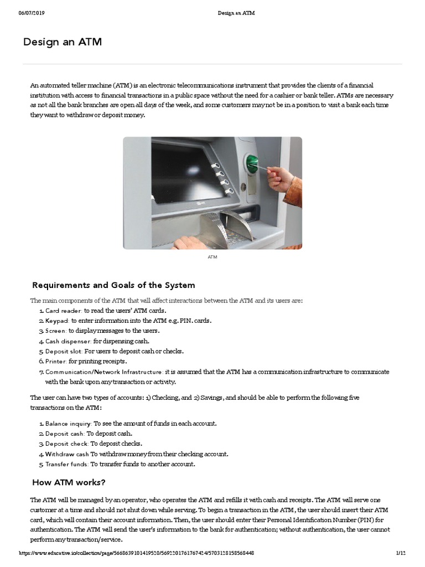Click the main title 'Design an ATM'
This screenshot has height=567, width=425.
63,42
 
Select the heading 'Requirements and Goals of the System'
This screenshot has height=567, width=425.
113,285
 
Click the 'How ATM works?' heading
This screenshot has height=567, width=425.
69,482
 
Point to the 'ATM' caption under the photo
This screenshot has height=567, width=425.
212,257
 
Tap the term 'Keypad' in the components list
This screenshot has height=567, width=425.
57,321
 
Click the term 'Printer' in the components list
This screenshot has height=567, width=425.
56,361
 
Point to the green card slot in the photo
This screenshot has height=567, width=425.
252,163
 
